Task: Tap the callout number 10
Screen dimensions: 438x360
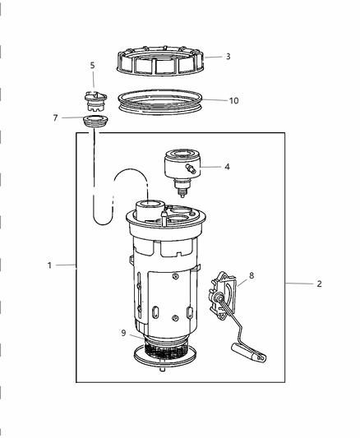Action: (233, 100)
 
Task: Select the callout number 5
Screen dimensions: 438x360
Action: (92, 65)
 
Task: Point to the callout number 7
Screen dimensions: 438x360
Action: (56, 118)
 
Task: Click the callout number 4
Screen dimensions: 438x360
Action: (227, 167)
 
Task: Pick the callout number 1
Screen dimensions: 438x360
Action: (49, 265)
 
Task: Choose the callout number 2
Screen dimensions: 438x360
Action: (319, 284)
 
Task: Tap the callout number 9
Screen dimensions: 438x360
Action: (122, 333)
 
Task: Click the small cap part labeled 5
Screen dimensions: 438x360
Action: (96, 100)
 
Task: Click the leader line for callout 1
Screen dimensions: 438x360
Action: (66, 265)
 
